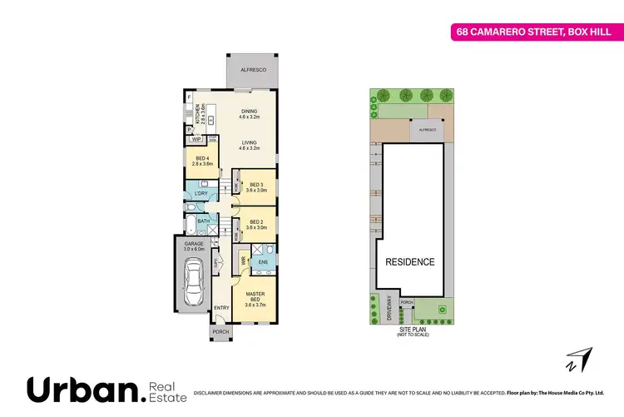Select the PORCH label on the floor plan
(220, 331)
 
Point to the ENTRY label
(221, 308)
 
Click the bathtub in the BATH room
(192, 223)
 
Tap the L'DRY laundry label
(200, 194)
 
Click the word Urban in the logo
(82, 390)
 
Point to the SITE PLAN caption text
(408, 330)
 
